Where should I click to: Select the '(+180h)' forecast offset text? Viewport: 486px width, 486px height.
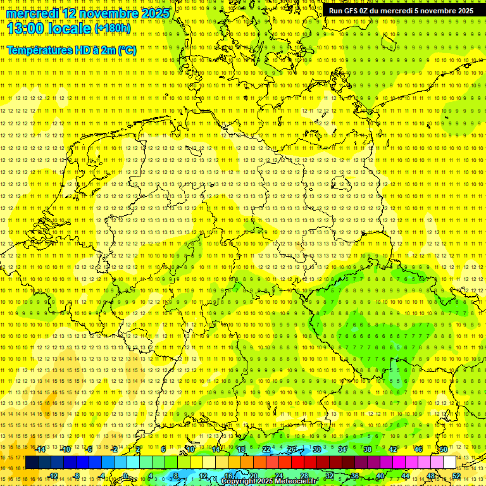(x=113, y=28)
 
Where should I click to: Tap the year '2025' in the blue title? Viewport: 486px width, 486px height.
(x=155, y=13)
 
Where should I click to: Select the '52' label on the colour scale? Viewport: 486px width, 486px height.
(x=456, y=476)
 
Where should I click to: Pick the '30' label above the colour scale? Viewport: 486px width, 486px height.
(x=316, y=449)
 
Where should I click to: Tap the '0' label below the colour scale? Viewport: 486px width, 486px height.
(x=125, y=476)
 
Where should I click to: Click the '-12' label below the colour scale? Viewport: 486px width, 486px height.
(x=53, y=476)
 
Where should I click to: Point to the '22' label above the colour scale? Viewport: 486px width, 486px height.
(x=266, y=449)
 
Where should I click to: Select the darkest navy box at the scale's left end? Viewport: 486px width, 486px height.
(x=31, y=463)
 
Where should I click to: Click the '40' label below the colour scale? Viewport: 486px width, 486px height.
(x=380, y=476)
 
